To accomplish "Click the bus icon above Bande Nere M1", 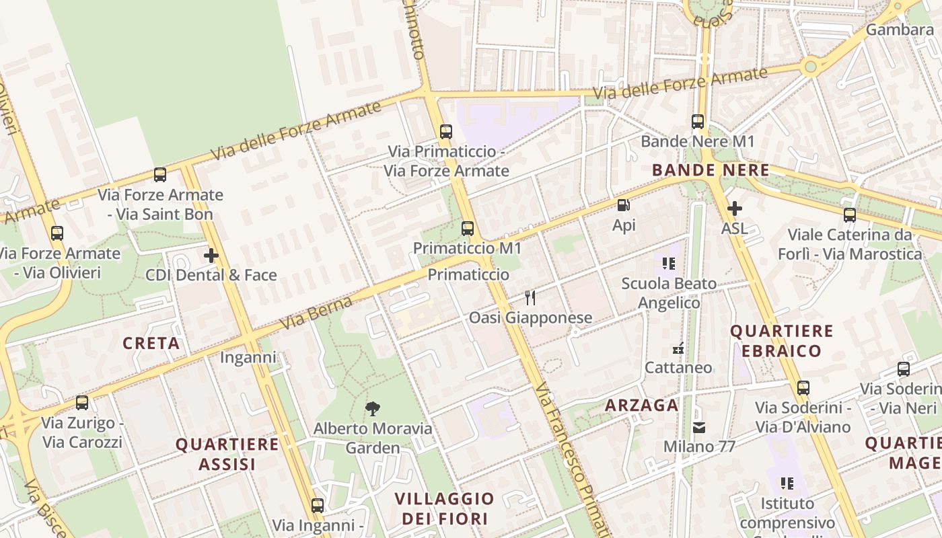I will click(x=698, y=122).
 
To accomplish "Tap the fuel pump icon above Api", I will click(x=624, y=205).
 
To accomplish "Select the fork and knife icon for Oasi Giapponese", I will click(x=530, y=297).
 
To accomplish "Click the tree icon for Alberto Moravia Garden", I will click(x=372, y=408).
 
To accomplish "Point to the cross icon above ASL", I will click(x=734, y=208).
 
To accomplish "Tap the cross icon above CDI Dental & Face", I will click(x=211, y=256).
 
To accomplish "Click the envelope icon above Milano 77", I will click(x=699, y=427).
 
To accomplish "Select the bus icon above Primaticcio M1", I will click(x=468, y=229).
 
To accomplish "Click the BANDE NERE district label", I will click(x=711, y=170).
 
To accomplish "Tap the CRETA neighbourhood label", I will click(x=151, y=344).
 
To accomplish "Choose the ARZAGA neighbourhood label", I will click(x=641, y=405).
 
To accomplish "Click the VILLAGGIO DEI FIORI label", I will click(x=444, y=508).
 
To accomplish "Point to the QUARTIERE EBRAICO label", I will click(x=782, y=341).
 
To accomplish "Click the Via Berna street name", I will click(x=316, y=313).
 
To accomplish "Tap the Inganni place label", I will click(x=248, y=357).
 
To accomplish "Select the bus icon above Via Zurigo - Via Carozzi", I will click(x=82, y=403).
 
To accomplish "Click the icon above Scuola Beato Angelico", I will click(x=668, y=263).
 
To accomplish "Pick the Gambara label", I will click(x=899, y=30).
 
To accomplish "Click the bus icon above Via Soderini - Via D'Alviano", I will click(x=803, y=388).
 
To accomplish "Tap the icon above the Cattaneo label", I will click(x=678, y=348).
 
